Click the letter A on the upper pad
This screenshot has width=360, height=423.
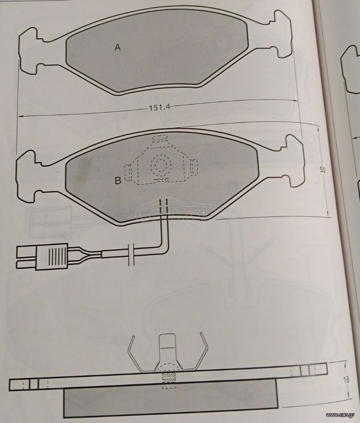[117, 47]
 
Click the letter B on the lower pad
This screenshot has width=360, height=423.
[118, 181]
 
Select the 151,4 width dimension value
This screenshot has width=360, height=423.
[159, 107]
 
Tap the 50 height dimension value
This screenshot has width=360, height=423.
[323, 170]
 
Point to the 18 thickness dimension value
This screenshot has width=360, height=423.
[346, 379]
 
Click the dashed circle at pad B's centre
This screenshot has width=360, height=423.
[161, 164]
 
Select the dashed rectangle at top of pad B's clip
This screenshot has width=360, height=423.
[159, 139]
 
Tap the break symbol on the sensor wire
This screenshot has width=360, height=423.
[131, 254]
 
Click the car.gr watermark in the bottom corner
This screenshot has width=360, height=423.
[342, 415]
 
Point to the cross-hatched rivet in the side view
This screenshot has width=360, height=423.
[169, 378]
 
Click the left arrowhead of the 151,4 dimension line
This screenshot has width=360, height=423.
[20, 116]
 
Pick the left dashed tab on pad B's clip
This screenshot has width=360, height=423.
[128, 172]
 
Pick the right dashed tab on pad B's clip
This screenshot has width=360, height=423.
[194, 167]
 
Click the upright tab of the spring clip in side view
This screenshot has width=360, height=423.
[168, 351]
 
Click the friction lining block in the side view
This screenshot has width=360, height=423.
[171, 398]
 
